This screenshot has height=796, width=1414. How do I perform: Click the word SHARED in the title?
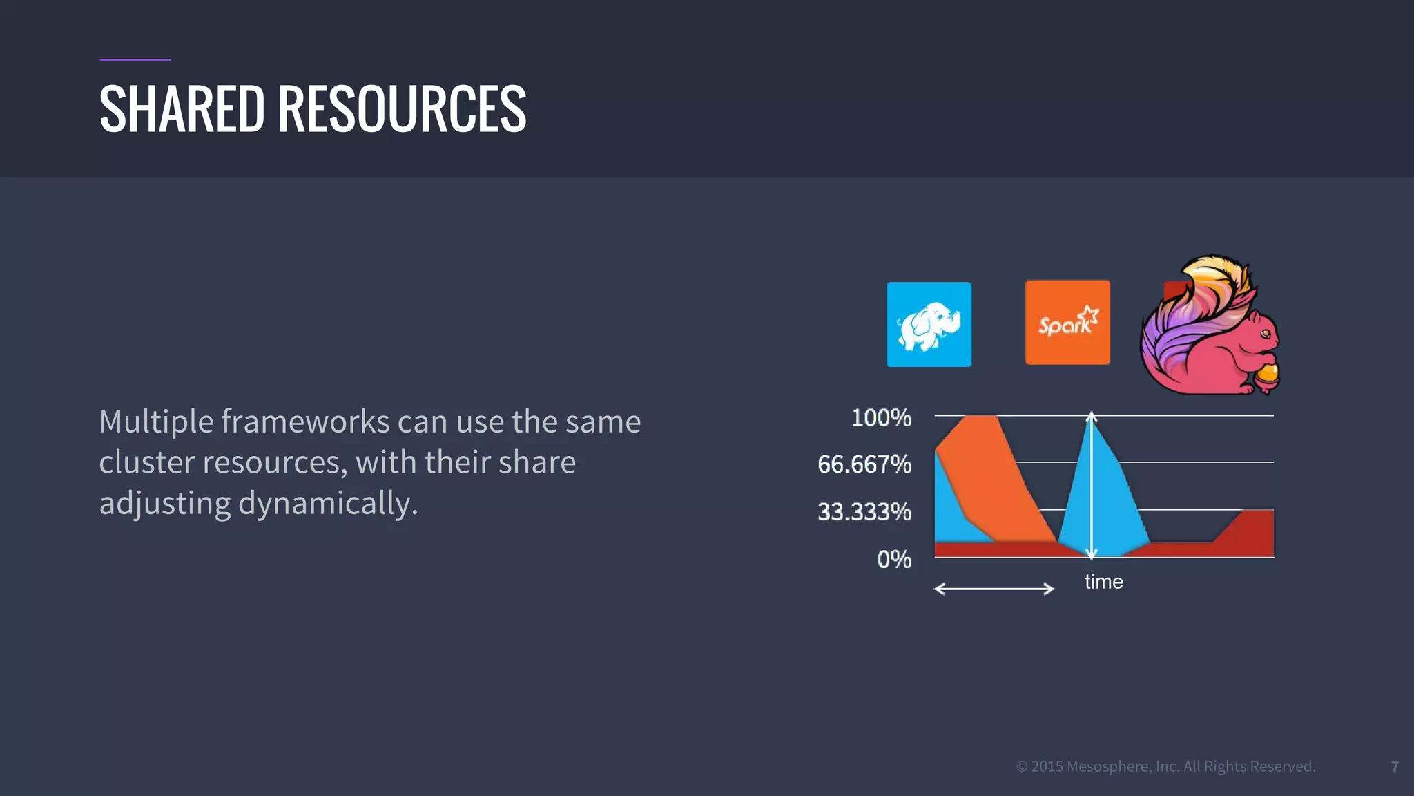click(182, 109)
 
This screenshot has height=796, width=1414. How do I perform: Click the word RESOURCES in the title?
click(402, 109)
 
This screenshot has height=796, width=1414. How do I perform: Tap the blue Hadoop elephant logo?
click(929, 325)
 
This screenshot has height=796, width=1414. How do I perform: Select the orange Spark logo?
click(1067, 323)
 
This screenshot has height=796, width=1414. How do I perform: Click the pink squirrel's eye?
click(1265, 334)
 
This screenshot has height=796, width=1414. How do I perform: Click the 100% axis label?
click(881, 418)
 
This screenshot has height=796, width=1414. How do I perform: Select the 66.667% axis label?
click(864, 464)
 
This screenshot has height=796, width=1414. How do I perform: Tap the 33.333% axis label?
click(864, 512)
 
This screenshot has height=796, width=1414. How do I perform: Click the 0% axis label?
click(894, 559)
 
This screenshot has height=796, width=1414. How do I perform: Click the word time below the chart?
click(1103, 582)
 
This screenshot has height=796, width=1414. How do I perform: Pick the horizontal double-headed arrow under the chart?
click(994, 589)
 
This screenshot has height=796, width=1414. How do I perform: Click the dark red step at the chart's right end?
click(1250, 532)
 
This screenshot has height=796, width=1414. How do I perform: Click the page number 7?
click(1395, 767)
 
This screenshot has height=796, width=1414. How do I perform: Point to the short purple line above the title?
click(135, 59)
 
